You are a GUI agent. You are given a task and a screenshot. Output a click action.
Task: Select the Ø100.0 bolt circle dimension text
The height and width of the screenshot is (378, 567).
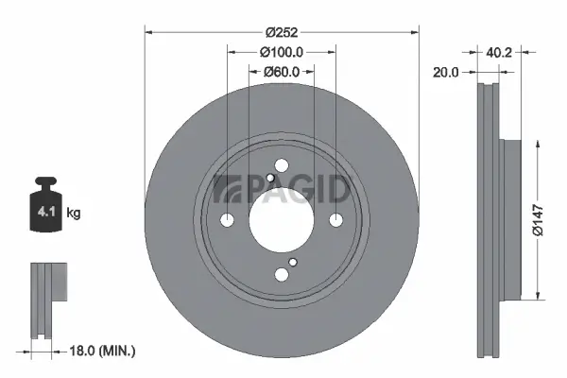[x=282, y=52]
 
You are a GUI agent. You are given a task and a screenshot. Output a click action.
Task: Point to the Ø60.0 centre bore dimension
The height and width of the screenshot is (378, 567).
[x=282, y=72]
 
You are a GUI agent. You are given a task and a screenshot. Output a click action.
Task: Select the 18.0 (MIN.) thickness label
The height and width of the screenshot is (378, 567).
[x=105, y=351]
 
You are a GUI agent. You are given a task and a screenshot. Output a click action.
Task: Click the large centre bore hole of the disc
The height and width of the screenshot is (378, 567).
[x=282, y=219]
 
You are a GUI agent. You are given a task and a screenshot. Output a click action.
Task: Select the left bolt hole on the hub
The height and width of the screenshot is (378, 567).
[x=228, y=220]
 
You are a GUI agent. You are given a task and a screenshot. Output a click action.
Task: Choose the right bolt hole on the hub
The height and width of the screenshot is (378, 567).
[x=335, y=220]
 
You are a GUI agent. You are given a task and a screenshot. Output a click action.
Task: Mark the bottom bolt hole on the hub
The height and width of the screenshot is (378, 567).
[x=282, y=274]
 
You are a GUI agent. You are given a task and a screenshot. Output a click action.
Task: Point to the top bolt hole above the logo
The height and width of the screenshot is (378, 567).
[x=282, y=165]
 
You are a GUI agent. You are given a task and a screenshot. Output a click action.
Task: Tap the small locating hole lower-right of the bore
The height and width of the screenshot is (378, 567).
[x=293, y=263]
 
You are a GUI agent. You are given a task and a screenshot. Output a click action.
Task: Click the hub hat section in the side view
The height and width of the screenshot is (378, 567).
[x=511, y=218]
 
